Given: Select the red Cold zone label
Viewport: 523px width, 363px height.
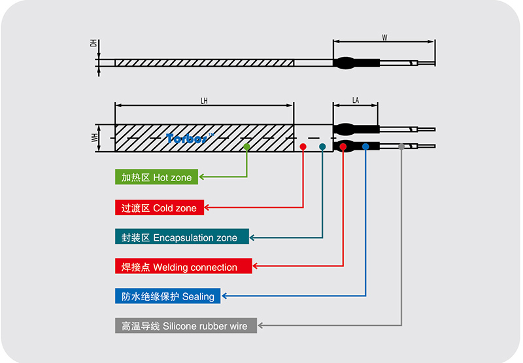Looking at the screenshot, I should click(x=159, y=208).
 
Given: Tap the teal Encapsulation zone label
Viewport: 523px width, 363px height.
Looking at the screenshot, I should click(x=181, y=237).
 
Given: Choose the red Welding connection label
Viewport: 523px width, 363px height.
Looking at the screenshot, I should click(x=183, y=267).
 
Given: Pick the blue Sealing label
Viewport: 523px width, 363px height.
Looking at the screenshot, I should click(x=167, y=296).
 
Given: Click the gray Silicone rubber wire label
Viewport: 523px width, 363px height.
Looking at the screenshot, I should click(x=186, y=325).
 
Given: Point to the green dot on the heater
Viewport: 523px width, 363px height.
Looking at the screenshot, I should click(x=247, y=148).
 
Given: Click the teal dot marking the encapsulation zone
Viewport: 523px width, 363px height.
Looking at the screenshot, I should click(x=323, y=147).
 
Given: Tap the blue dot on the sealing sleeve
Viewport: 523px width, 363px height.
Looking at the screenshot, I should click(x=365, y=147).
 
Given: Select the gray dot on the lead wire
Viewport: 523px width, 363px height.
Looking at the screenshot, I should click(x=401, y=147).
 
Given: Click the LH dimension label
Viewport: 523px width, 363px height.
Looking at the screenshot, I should click(x=204, y=100).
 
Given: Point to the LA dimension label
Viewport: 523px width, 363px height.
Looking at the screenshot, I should click(x=356, y=100).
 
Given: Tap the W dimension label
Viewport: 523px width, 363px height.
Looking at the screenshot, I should click(x=384, y=37).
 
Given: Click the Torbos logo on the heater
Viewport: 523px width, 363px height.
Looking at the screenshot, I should click(x=186, y=138).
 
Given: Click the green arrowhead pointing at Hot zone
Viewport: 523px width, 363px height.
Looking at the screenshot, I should click(x=203, y=177).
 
